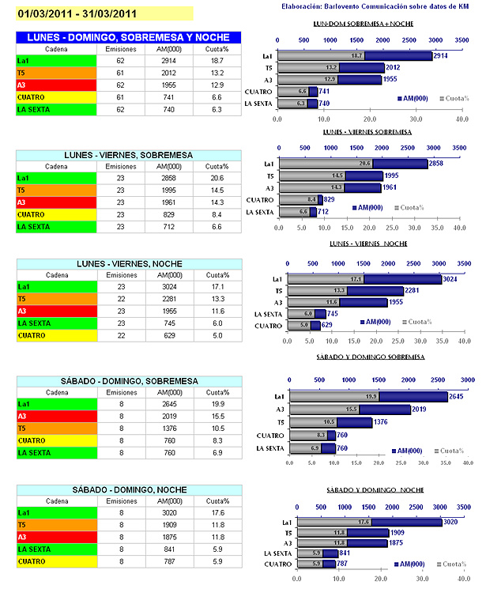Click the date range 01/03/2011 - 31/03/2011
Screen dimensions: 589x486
point(77,13)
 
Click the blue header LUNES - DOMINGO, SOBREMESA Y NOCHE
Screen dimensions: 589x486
point(129,37)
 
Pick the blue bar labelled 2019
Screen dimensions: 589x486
point(387,410)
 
